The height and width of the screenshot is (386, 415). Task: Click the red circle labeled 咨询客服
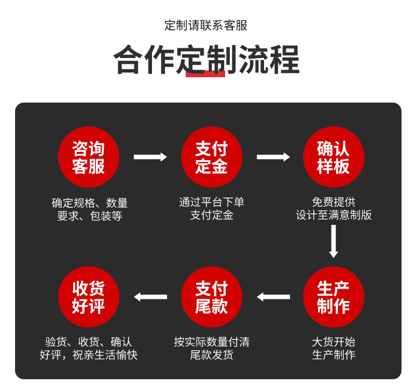point(89,157)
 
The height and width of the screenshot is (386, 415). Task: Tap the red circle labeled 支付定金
point(212,157)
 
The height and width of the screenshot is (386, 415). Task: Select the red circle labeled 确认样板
point(334,157)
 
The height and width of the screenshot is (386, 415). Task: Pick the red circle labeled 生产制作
point(334,297)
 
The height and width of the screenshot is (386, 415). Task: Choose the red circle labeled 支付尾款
point(212,297)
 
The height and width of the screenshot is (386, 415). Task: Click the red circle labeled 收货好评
point(89,297)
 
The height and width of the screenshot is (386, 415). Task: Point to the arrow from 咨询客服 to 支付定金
point(150,157)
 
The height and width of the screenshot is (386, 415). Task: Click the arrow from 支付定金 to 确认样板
point(273,157)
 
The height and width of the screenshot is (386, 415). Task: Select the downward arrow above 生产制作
point(334,241)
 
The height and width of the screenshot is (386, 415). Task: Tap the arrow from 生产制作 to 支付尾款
point(273,297)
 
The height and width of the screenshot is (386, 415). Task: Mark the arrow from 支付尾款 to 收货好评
point(150,297)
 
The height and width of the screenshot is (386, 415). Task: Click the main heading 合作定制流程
point(207,60)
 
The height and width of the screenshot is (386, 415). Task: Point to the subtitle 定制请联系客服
point(206,25)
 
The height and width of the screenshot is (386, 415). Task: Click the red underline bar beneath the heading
point(205,74)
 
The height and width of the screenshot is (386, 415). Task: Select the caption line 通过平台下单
point(212,202)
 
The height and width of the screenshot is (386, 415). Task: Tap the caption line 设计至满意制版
point(334,215)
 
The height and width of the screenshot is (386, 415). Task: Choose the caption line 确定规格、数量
point(90,203)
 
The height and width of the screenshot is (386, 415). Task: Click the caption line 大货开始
point(334,342)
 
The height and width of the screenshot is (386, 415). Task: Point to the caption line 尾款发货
point(212,355)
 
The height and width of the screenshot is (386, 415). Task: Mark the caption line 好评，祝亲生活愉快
point(89,355)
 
